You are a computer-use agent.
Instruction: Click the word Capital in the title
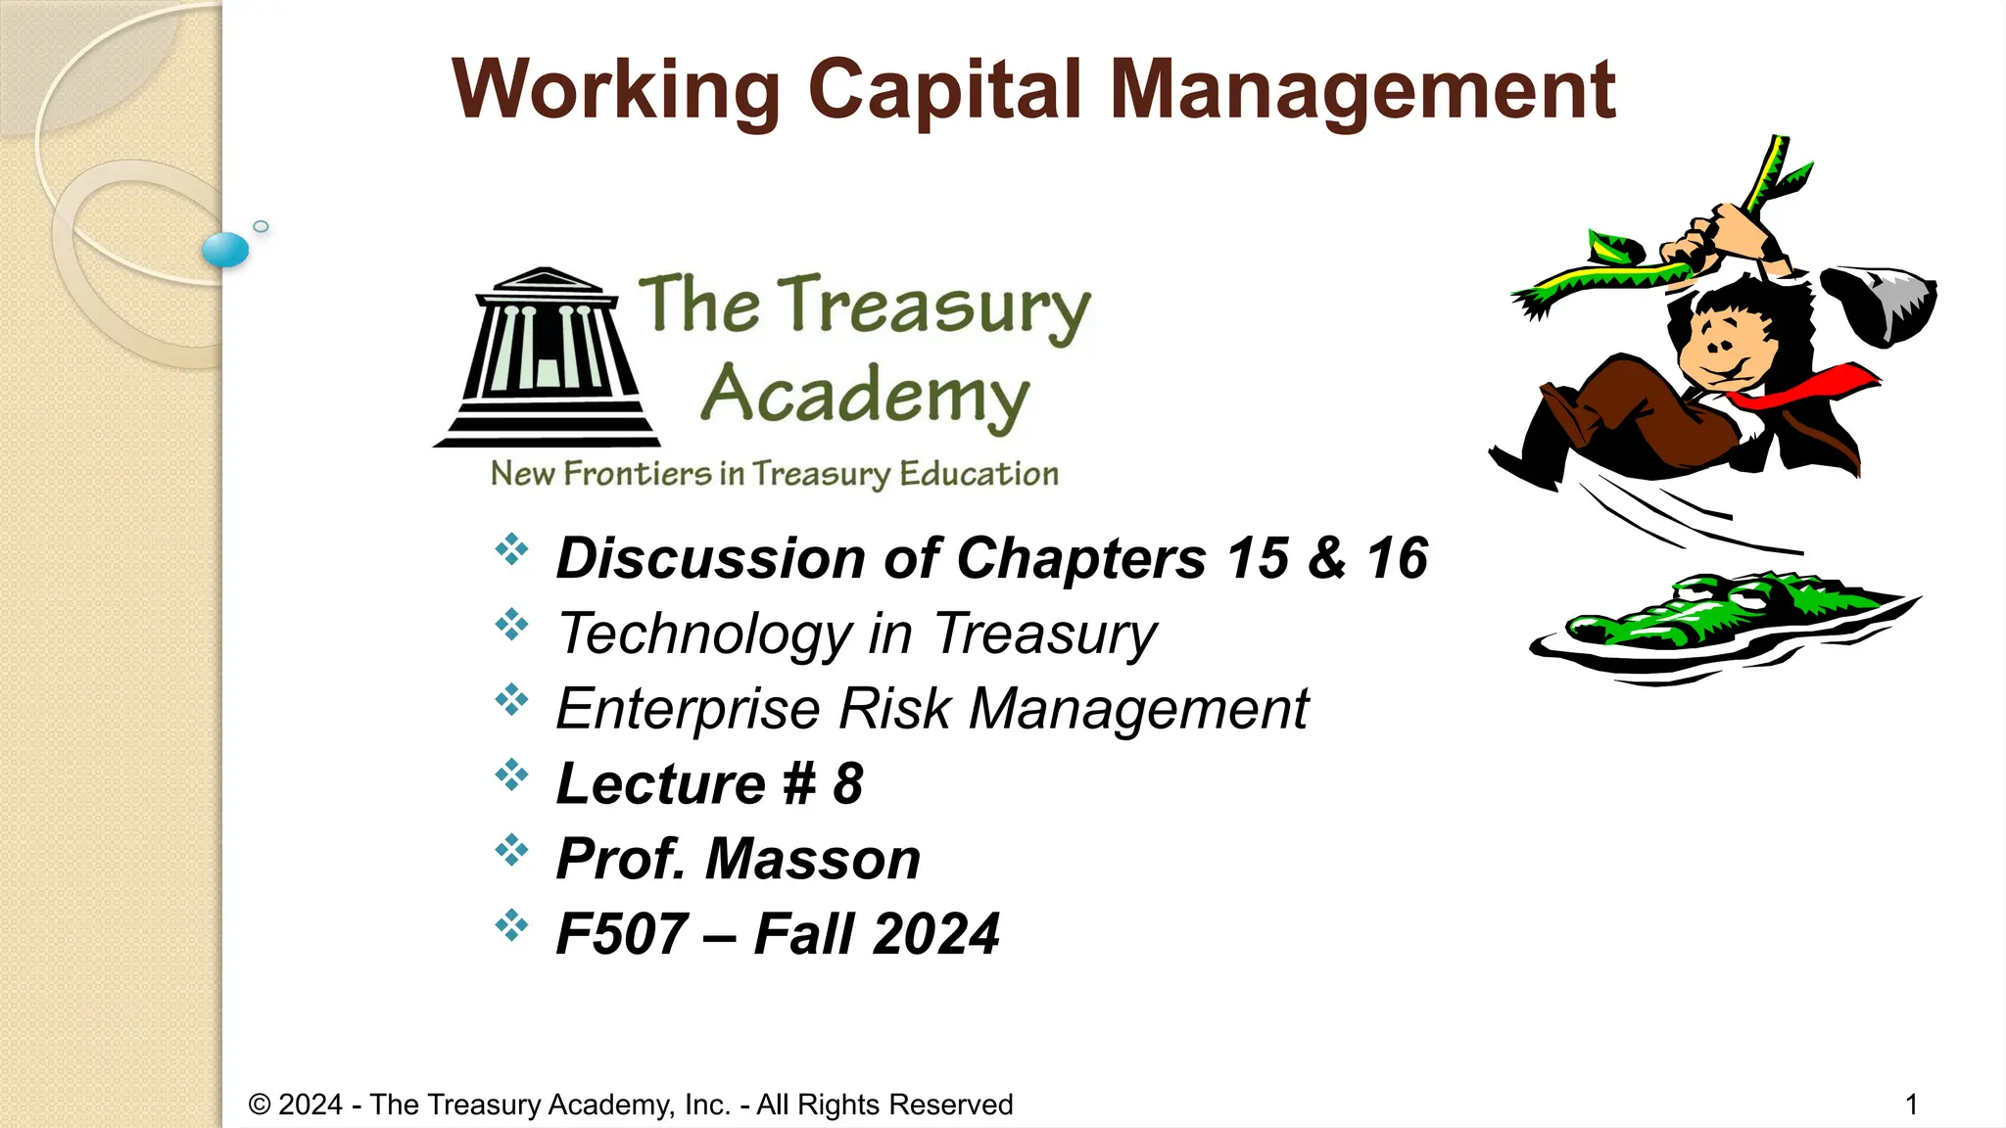944,90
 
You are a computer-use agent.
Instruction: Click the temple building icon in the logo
547,358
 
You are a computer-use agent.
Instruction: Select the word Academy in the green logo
865,396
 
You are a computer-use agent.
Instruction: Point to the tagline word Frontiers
638,474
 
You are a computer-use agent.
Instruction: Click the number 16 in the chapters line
1397,558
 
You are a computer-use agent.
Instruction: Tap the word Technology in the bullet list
705,634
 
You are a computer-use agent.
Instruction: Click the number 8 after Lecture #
848,783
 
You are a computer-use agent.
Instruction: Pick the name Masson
813,859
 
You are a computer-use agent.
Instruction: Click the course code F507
621,934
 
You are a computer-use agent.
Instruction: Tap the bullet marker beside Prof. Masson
511,850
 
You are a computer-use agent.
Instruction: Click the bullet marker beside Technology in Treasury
511,625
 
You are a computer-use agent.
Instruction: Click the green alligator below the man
1724,617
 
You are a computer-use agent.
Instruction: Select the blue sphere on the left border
225,250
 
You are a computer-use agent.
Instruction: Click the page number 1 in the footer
1911,1104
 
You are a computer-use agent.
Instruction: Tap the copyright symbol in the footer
259,1104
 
